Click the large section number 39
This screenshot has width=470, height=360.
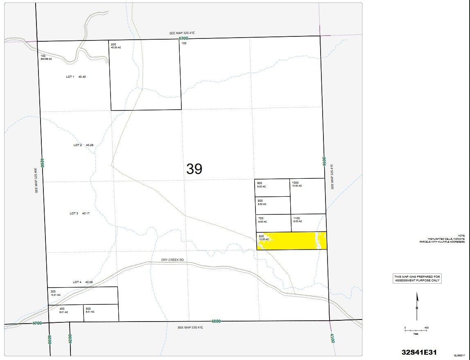click(x=194, y=169)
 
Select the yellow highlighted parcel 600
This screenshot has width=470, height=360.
click(x=291, y=241)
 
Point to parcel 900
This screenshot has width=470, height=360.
click(x=273, y=188)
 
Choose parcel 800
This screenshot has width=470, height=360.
click(x=273, y=205)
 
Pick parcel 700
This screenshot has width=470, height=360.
click(x=273, y=223)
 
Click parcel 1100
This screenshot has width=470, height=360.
click(x=308, y=223)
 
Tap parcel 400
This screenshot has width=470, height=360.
click(x=66, y=313)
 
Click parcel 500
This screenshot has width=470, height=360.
click(x=101, y=313)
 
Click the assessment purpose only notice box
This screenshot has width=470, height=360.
click(x=417, y=279)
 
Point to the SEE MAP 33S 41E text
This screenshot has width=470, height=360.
click(x=190, y=328)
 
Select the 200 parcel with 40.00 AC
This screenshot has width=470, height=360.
click(x=145, y=76)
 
